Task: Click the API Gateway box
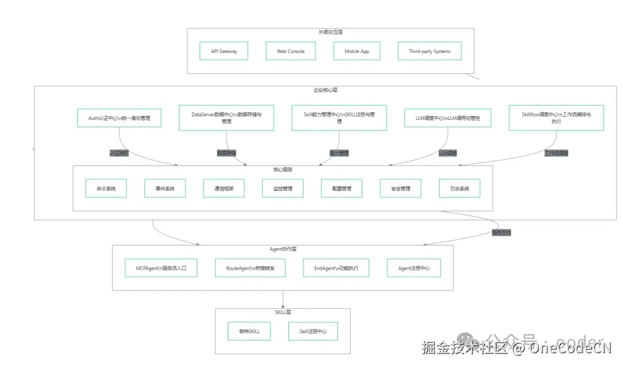224,51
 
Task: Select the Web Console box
291,51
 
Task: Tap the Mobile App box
356,51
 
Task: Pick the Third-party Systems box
430,51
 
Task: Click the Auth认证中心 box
119,118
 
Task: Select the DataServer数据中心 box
226,118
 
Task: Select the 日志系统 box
459,188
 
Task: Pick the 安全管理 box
400,188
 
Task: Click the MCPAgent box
161,268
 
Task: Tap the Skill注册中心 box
313,331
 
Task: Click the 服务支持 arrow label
501,233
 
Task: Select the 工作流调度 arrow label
556,153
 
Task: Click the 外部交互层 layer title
331,33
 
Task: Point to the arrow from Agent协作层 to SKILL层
283,299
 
